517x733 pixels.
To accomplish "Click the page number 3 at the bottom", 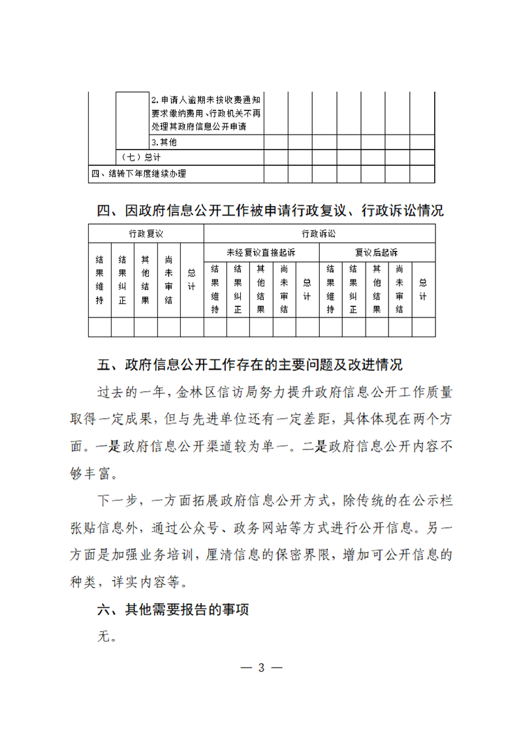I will [x=261, y=668].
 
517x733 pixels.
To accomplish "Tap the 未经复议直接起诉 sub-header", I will [x=261, y=252].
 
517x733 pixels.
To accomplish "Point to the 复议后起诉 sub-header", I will [x=377, y=252].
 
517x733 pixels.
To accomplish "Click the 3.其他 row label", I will [x=164, y=142].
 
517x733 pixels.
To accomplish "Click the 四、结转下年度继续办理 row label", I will [x=138, y=174].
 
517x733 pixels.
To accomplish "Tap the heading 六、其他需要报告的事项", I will [x=174, y=610].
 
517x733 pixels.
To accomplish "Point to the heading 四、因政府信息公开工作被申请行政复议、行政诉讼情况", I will [x=270, y=211].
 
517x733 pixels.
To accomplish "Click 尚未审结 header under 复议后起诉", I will [x=399, y=288].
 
